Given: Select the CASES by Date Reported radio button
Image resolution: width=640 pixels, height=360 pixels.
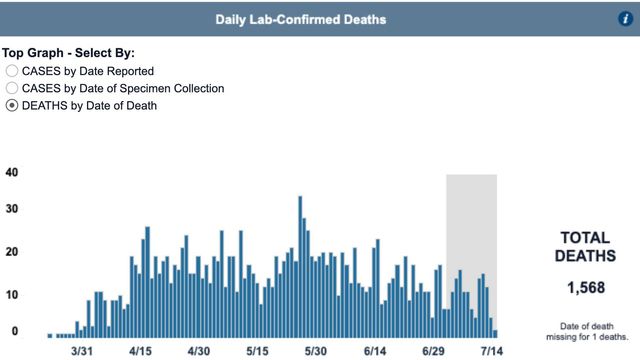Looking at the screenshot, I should pyautogui.click(x=12, y=71).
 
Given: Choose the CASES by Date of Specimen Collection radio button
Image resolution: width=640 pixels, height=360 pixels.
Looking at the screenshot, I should pyautogui.click(x=12, y=88).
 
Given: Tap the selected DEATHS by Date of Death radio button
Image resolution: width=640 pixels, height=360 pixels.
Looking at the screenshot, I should pyautogui.click(x=12, y=105).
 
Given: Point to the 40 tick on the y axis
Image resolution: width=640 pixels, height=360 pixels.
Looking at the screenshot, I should pyautogui.click(x=11, y=172).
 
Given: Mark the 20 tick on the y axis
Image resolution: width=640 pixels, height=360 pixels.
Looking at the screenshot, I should pyautogui.click(x=11, y=252).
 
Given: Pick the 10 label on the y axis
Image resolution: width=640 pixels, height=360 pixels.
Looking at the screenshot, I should pyautogui.click(x=11, y=293).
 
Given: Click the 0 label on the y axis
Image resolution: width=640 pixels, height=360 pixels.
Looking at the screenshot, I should pyautogui.click(x=14, y=331).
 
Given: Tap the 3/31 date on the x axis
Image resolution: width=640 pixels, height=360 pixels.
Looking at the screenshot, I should pyautogui.click(x=82, y=352).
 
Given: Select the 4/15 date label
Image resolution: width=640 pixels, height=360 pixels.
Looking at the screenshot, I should pyautogui.click(x=141, y=352).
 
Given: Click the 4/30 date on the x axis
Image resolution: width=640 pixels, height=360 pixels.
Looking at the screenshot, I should pyautogui.click(x=199, y=352).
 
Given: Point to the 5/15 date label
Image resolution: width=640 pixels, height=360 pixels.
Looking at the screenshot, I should pyautogui.click(x=258, y=352).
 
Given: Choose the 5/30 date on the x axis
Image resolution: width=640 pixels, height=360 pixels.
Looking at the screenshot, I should pyautogui.click(x=316, y=352).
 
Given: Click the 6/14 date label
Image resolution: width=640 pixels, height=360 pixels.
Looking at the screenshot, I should pyautogui.click(x=375, y=352).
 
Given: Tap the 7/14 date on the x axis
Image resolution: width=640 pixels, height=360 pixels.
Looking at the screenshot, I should pyautogui.click(x=491, y=352).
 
